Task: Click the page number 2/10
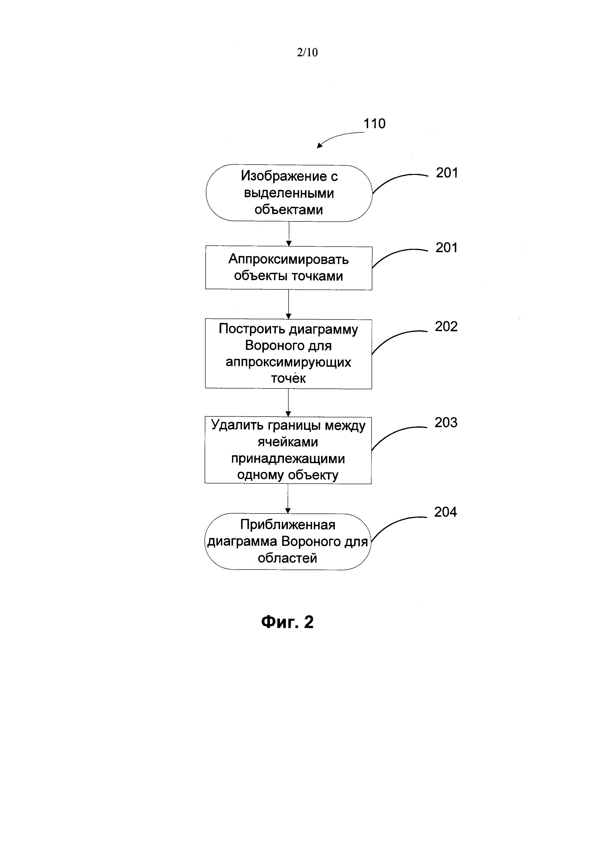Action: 307,52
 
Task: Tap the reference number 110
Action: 374,124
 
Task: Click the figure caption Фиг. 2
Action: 287,622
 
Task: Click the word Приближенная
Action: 287,525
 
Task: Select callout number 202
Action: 446,327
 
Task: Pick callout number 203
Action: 445,423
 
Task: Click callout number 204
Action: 445,512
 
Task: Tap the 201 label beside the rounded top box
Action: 447,173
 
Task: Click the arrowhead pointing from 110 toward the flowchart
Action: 320,145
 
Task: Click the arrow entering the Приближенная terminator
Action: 287,499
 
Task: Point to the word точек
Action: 288,378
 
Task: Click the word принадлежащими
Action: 288,458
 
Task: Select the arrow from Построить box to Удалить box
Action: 288,403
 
